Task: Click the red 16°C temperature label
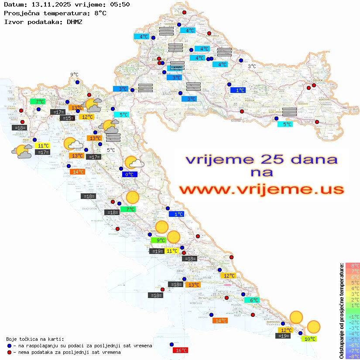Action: click(x=181, y=350)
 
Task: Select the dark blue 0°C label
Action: click(x=130, y=175)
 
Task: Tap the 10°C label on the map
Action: click(x=310, y=339)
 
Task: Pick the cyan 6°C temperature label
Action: click(x=254, y=300)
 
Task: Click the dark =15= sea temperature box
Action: click(x=67, y=118)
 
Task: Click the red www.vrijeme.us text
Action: click(x=261, y=189)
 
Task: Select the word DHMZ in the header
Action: click(x=75, y=21)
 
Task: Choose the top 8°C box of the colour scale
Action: click(x=353, y=266)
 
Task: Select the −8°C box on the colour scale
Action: click(x=353, y=357)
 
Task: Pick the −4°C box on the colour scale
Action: click(x=353, y=334)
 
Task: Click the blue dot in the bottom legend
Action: click(x=9, y=346)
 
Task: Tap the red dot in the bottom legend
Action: click(x=9, y=352)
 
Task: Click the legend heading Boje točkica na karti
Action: click(x=35, y=339)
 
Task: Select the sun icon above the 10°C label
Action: click(x=313, y=326)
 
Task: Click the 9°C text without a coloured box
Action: click(x=74, y=75)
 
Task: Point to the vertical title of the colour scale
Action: click(x=341, y=310)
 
